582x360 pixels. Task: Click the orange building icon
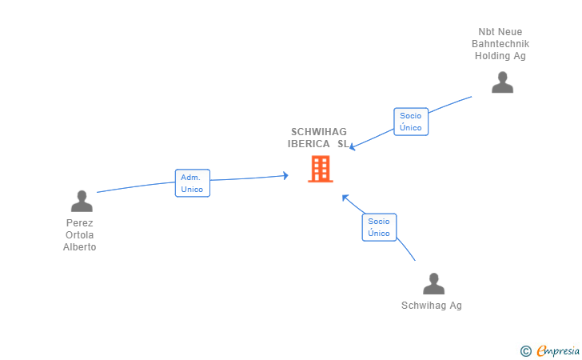coord(321,169)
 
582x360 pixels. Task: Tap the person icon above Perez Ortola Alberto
coord(82,201)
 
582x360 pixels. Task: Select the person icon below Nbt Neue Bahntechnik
coord(502,82)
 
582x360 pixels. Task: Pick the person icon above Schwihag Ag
coord(433,284)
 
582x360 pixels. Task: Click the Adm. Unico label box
coord(193,183)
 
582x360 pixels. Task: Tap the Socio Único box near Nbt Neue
coord(411,122)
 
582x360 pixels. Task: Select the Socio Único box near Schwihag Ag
coord(379,227)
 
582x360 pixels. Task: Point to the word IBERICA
coord(309,144)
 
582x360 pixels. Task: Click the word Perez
coord(80,223)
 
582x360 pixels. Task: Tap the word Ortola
coord(80,235)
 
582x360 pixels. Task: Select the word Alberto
coord(80,247)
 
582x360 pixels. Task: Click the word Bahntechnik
coord(500,44)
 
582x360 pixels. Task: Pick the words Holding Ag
coord(500,56)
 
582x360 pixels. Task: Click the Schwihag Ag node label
coord(432,306)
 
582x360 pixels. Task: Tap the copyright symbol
coord(525,350)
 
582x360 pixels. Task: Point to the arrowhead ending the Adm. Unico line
coord(285,175)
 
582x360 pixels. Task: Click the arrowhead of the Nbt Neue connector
coord(353,146)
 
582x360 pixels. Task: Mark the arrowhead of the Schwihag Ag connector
coord(345,197)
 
